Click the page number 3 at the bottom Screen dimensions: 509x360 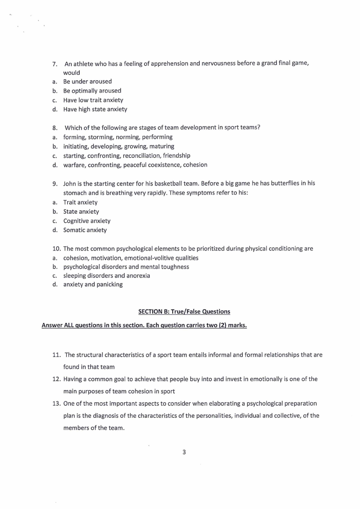click(184, 452)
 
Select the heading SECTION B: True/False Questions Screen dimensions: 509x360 click(184, 312)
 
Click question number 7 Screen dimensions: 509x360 click(54, 64)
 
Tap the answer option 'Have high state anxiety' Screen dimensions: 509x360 click(95, 109)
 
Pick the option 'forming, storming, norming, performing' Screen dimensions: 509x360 click(118, 137)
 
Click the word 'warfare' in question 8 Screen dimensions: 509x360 click(74, 165)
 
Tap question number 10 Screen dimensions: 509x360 click(56, 249)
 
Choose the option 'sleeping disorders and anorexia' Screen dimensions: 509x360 click(107, 276)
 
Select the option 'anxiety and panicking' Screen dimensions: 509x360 click(93, 285)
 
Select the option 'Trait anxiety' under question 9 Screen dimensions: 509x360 click(80, 202)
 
